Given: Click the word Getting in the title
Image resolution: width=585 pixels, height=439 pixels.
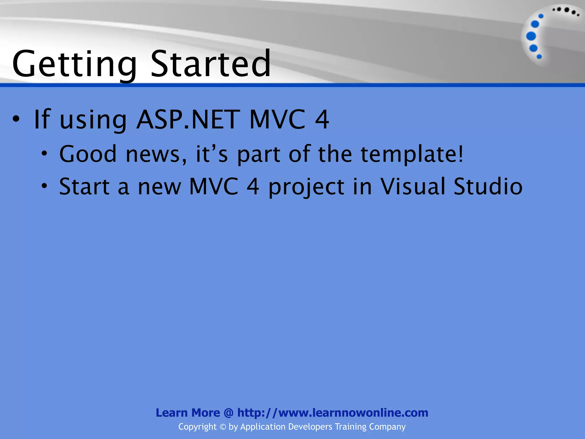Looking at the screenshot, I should click(74, 64).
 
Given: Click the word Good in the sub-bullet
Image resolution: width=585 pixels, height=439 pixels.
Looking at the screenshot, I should click(88, 154).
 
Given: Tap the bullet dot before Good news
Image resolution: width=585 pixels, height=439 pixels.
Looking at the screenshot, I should click(44, 154).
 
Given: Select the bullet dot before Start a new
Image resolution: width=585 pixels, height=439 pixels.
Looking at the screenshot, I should click(44, 186).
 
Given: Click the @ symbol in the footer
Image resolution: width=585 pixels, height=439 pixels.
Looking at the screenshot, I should click(229, 413).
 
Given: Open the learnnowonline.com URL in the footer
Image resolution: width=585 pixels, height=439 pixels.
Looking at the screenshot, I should click(332, 413).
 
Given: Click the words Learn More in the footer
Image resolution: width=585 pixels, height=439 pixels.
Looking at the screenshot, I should click(188, 413).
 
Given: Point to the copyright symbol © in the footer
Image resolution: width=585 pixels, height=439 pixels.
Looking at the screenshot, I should click(223, 427).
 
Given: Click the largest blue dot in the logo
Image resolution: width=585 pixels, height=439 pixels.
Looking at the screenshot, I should click(531, 36).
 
